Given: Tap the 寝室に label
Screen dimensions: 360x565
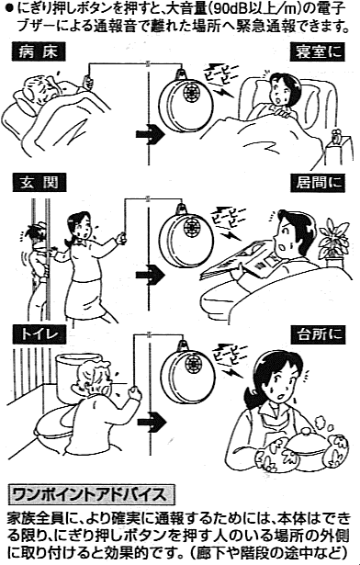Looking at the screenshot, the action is tap(318, 51).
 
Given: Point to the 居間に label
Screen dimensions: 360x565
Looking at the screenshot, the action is tap(318, 183).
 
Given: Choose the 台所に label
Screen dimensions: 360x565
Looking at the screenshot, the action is tap(318, 334).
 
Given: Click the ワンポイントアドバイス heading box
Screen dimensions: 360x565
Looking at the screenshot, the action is tap(91, 495).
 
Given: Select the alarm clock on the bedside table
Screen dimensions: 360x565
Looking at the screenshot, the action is tap(337, 137).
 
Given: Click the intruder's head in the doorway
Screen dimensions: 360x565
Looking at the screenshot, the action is tap(35, 236).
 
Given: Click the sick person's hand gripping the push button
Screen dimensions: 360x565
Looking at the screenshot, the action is tap(87, 81).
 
